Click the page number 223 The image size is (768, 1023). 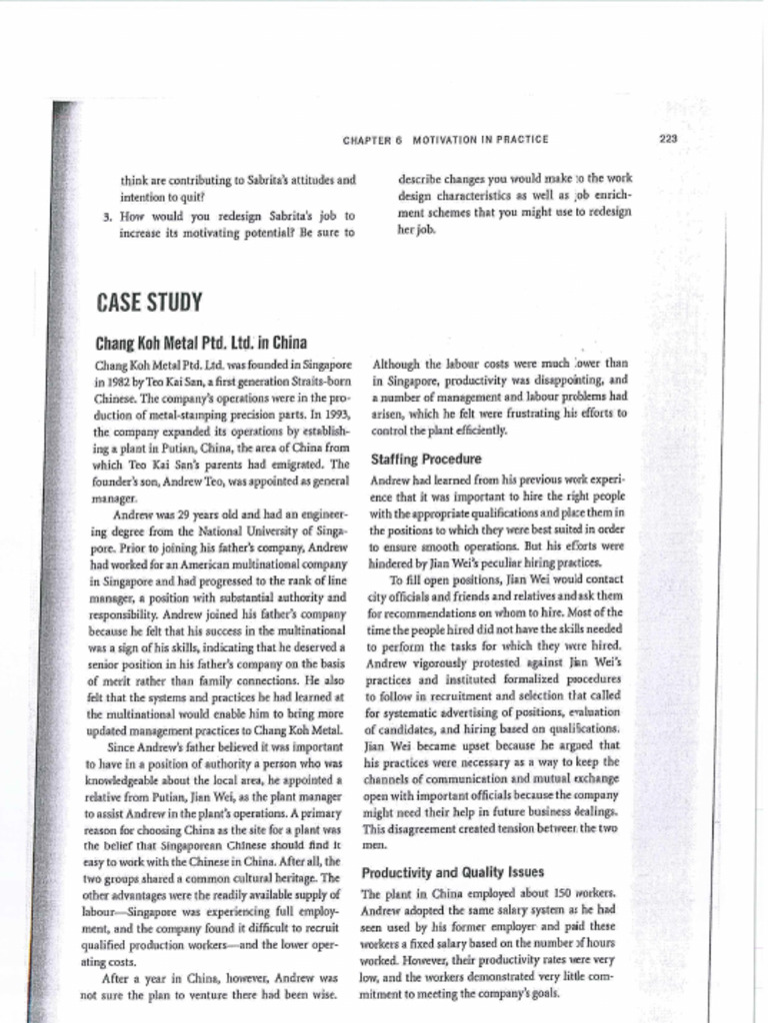669,139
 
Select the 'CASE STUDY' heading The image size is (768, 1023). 149,302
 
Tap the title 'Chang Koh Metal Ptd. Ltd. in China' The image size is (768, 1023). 200,343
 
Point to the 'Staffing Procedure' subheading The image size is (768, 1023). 426,460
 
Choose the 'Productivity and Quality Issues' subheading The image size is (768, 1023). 452,871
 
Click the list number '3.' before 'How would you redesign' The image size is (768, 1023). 108,216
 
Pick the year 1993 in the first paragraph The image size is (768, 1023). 335,414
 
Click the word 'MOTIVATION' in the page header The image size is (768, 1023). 445,141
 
